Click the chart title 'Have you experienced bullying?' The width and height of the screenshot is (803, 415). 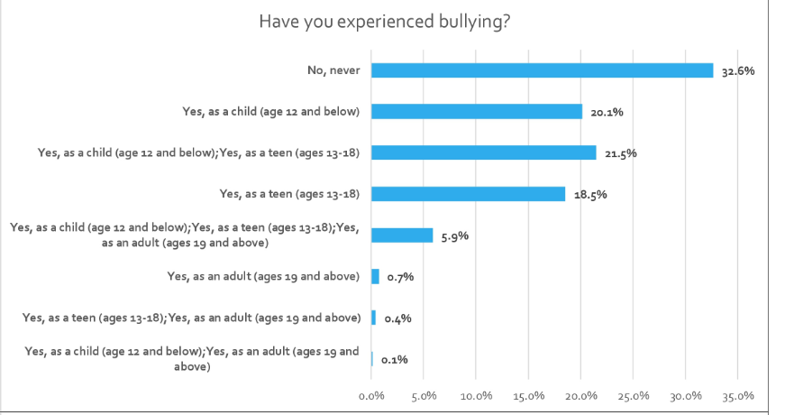(385, 22)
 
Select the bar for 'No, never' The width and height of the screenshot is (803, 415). (543, 70)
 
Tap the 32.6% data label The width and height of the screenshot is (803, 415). (738, 71)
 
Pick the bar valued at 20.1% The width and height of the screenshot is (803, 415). (477, 111)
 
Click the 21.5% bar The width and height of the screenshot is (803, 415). (484, 152)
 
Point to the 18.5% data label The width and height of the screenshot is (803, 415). (590, 195)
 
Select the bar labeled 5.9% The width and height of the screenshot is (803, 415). (402, 235)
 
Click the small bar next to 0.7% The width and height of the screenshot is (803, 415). (376, 277)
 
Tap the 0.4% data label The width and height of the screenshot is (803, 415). (398, 318)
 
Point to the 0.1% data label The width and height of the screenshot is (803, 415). (395, 360)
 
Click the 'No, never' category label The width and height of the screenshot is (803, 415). (333, 70)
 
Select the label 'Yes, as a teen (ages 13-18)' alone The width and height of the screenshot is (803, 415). (289, 194)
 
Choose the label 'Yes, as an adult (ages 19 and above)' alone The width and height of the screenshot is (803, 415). (263, 277)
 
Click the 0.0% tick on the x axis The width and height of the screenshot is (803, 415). (371, 396)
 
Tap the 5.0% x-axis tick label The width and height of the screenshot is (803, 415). (424, 396)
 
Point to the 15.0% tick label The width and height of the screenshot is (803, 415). (528, 396)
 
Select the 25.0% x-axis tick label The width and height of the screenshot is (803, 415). (633, 396)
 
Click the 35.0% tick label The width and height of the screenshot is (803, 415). (738, 396)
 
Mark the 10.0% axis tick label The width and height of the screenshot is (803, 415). (476, 396)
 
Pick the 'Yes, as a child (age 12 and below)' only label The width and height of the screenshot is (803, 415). (271, 112)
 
